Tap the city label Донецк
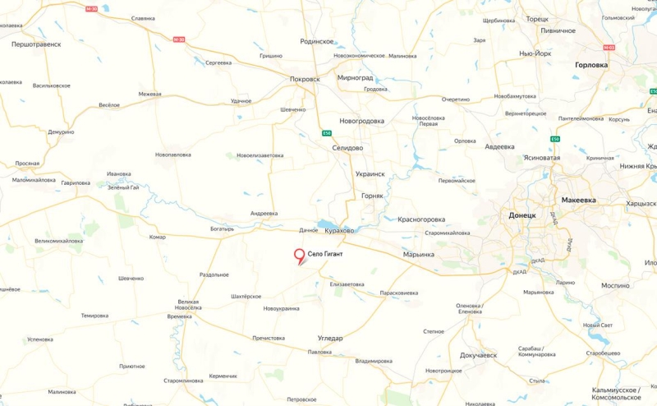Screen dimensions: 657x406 click(522, 215)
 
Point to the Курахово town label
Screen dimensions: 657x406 click(338, 231)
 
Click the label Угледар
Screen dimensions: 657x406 click(330, 338)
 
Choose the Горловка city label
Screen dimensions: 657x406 click(592, 64)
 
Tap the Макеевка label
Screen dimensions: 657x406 click(579, 200)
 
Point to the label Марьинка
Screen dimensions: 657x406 click(419, 254)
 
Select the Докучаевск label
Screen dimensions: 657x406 click(478, 355)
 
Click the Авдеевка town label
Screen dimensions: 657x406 click(499, 146)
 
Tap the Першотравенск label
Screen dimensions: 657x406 click(36, 44)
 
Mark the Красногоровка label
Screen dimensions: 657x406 click(421, 219)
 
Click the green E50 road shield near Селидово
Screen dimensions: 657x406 click(326, 134)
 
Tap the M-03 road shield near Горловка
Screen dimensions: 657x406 click(609, 48)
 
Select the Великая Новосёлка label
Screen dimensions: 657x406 click(189, 305)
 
